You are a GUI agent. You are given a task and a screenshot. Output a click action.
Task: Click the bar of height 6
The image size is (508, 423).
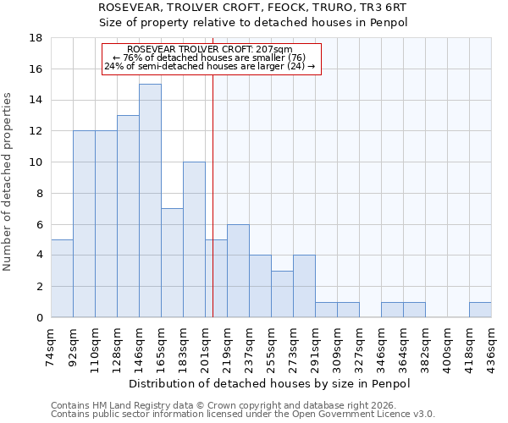click(238, 271)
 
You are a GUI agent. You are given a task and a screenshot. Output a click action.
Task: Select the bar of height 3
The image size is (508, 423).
click(282, 294)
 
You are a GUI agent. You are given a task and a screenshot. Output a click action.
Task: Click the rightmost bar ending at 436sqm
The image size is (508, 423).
click(480, 310)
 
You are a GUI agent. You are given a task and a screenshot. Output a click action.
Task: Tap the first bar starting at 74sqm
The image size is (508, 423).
click(62, 278)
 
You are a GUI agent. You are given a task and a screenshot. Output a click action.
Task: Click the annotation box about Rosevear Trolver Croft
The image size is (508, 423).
click(212, 59)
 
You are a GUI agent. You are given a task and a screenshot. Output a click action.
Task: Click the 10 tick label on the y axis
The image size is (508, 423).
click(36, 162)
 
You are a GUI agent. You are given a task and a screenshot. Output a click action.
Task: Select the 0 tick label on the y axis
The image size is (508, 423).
click(39, 317)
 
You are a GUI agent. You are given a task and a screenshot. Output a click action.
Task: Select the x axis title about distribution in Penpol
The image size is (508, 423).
click(270, 383)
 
